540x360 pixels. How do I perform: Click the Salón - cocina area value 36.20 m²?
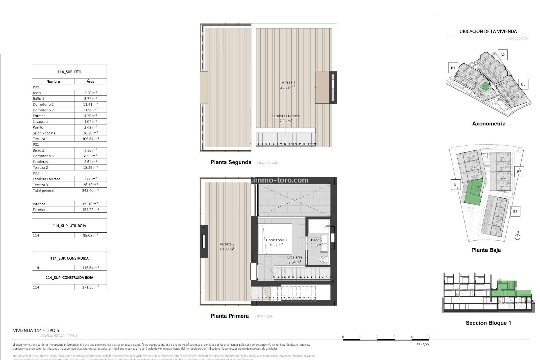pyautogui.click(x=90, y=133)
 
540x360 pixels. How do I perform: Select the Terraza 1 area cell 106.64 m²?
pyautogui.click(x=90, y=139)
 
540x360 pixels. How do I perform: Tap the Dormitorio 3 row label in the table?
pyautogui.click(x=43, y=156)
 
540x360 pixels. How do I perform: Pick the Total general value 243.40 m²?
pyautogui.click(x=90, y=190)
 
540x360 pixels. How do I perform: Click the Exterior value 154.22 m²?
pyautogui.click(x=90, y=210)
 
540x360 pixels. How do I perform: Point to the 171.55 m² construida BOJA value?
pyautogui.click(x=90, y=287)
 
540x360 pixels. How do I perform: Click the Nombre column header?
pyautogui.click(x=53, y=81)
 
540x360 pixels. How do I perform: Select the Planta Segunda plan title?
pyautogui.click(x=231, y=162)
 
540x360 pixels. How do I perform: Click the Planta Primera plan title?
pyautogui.click(x=229, y=316)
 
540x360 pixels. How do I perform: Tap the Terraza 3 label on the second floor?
pyautogui.click(x=287, y=82)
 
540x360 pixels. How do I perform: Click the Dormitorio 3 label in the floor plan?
pyautogui.click(x=276, y=240)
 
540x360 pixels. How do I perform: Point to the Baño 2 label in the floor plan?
pyautogui.click(x=316, y=240)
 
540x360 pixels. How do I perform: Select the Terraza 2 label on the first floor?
pyautogui.click(x=227, y=244)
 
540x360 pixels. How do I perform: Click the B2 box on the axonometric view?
pyautogui.click(x=502, y=55)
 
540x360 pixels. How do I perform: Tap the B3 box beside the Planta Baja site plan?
pyautogui.click(x=515, y=211)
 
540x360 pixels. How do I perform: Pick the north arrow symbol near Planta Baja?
pyautogui.click(x=517, y=236)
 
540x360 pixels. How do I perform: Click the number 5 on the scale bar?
pyautogui.click(x=428, y=337)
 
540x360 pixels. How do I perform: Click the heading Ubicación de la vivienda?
pyautogui.click(x=488, y=31)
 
